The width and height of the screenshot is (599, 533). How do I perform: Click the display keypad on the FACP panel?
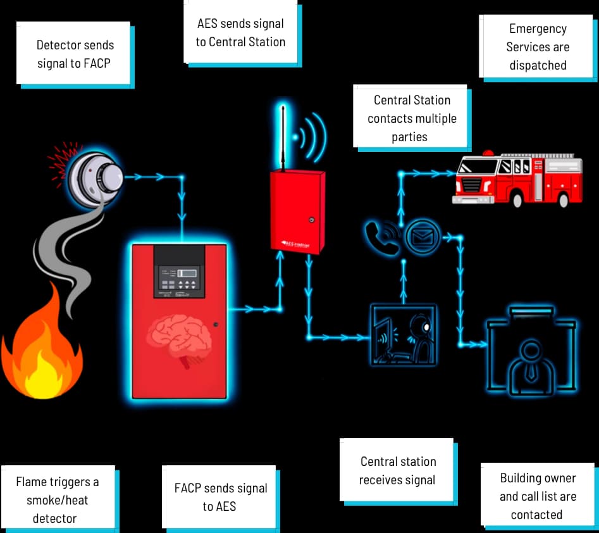click(179, 279)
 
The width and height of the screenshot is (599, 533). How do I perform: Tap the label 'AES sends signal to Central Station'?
click(240, 33)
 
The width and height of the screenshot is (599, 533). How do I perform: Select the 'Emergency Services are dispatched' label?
click(538, 47)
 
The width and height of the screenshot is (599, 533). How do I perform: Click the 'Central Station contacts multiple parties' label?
click(411, 118)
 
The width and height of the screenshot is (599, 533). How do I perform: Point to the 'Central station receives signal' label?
click(397, 471)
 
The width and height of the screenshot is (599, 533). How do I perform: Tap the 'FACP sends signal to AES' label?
click(220, 497)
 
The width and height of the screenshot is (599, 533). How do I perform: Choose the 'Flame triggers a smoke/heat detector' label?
click(57, 499)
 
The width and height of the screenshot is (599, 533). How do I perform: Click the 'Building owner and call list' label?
click(538, 496)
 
